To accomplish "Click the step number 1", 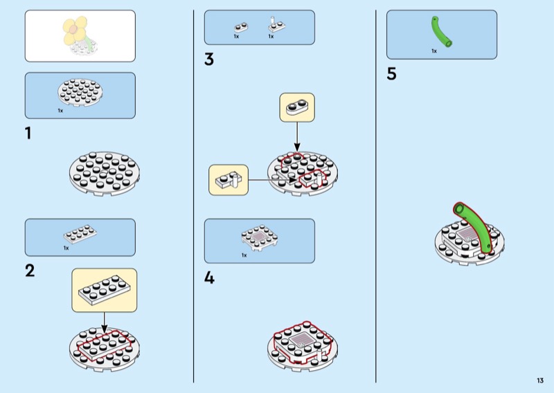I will (x=28, y=134).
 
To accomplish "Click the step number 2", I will (x=30, y=271).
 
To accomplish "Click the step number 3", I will (x=209, y=60).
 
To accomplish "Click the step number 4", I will (x=209, y=278).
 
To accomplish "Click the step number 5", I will (x=392, y=74).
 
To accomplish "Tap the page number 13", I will (x=539, y=381).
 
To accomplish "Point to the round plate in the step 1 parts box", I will (x=80, y=93).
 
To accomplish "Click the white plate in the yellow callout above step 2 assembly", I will (x=104, y=289).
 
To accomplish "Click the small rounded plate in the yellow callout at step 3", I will (x=297, y=107).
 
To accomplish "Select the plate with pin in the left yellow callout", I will (x=229, y=180).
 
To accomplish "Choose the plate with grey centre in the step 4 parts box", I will (x=259, y=237).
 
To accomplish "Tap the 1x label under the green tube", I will (x=434, y=51).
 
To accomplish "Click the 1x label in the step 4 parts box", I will (x=244, y=255).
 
